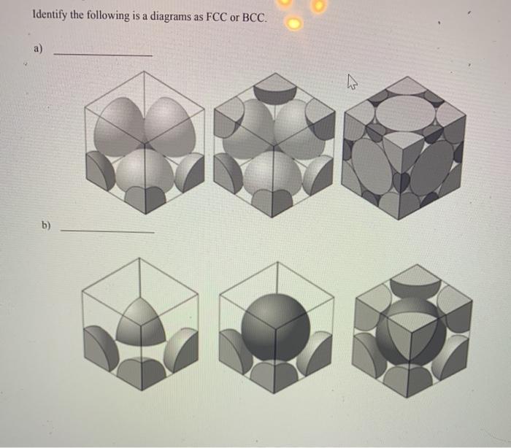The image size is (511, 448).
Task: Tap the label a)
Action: tap(37, 50)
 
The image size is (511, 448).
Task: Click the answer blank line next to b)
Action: tap(107, 232)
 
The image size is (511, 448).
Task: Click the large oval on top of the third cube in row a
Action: tap(404, 111)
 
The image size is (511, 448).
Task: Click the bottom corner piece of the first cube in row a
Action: tap(143, 198)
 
